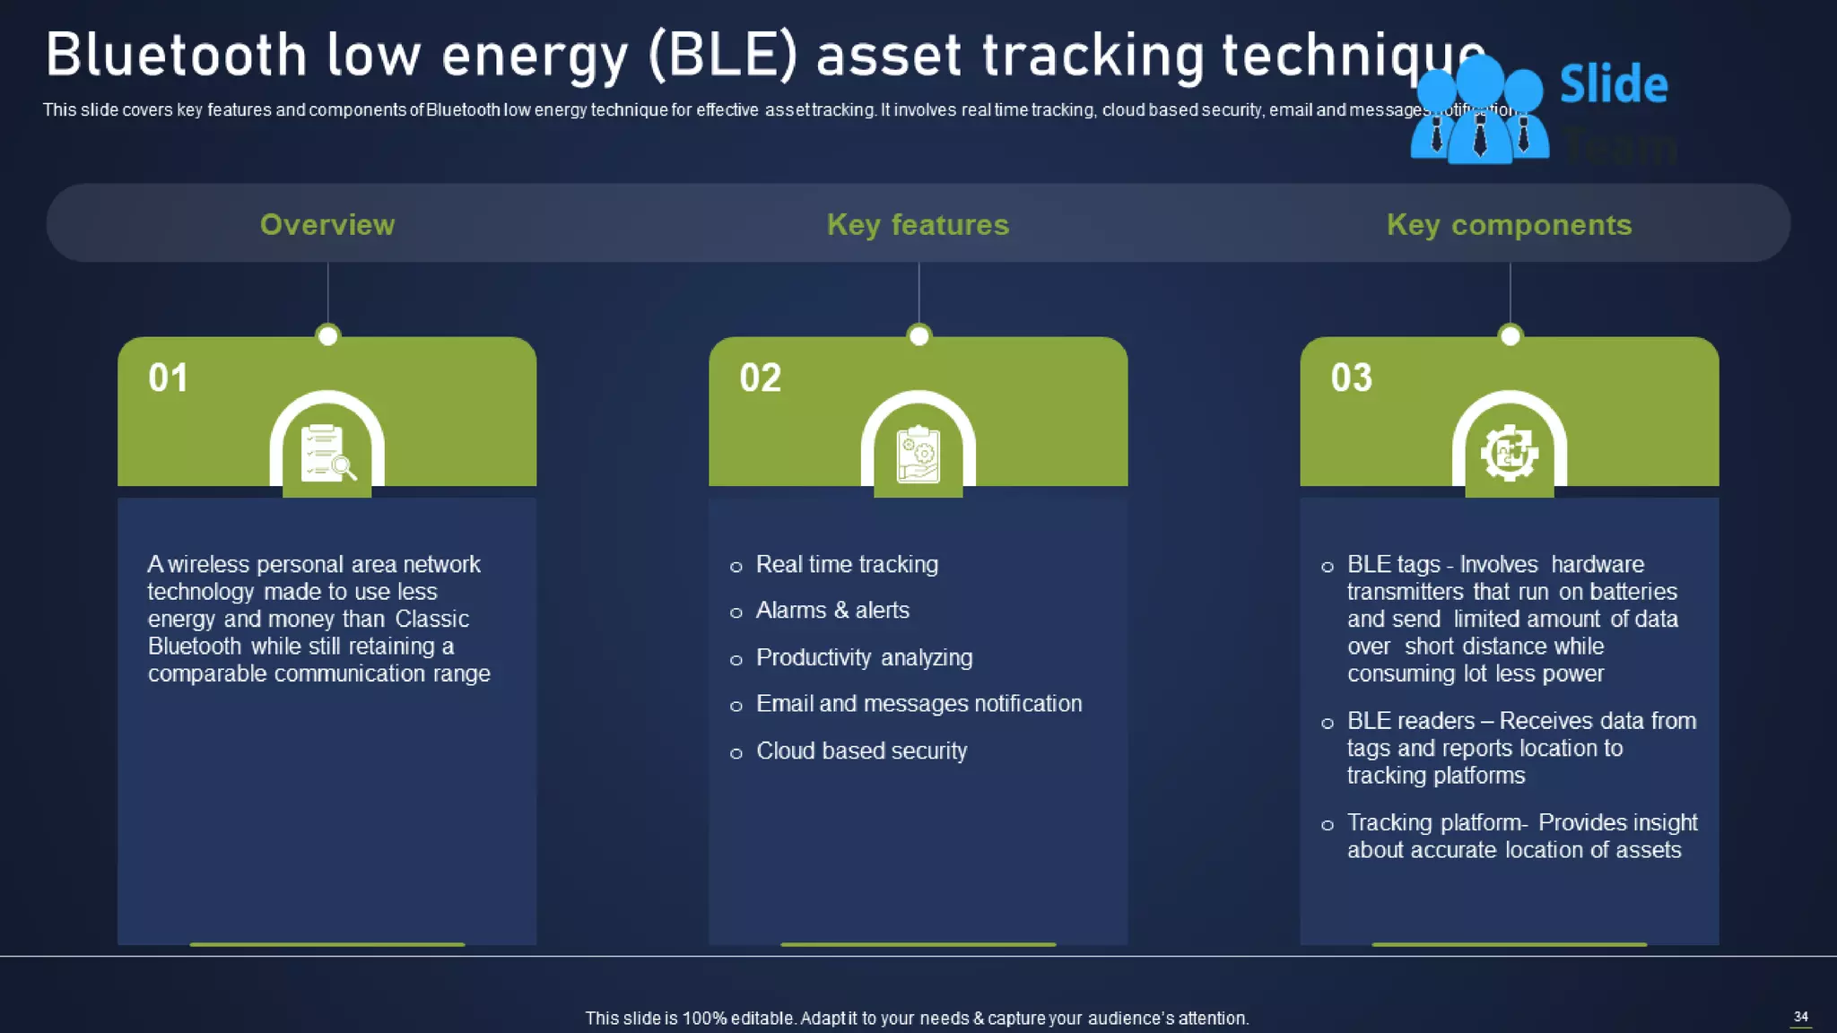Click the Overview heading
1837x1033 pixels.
(327, 224)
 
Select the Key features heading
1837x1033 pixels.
(918, 224)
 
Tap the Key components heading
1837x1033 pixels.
(1509, 224)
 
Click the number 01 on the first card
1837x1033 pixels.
(169, 378)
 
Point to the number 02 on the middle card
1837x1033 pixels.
(760, 378)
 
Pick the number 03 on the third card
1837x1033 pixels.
(1351, 378)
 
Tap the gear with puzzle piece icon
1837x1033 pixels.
(1509, 453)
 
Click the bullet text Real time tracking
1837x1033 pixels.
(847, 564)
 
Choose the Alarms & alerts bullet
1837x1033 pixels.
(832, 610)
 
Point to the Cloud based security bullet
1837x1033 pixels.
(861, 751)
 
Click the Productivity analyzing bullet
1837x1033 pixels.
(864, 657)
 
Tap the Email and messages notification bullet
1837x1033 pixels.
(918, 703)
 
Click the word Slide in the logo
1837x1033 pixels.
(1613, 84)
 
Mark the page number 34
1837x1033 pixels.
(1800, 1016)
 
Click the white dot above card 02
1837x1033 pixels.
(918, 335)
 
